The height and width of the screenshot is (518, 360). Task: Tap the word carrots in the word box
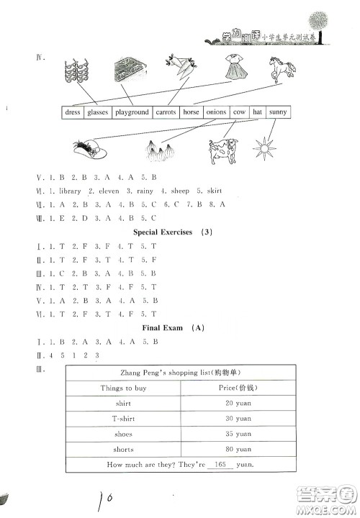166,112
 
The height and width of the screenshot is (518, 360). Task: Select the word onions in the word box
216,112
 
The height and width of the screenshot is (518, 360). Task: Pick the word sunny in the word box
277,112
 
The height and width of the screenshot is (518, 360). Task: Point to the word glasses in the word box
97,112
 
